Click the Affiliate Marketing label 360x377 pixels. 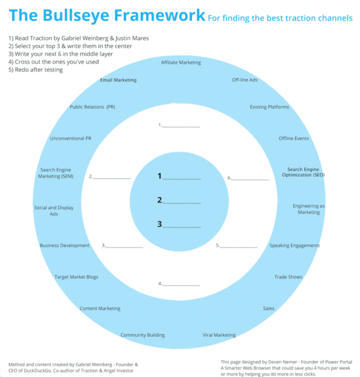tap(181, 63)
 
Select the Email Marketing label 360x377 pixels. tap(118, 80)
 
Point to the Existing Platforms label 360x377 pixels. tap(270, 107)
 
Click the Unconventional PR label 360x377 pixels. tap(70, 138)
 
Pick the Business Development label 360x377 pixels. tap(64, 246)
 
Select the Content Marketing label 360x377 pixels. tap(100, 309)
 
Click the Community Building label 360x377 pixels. tap(143, 335)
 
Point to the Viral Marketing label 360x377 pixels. tap(219, 335)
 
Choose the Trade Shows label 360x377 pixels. tap(288, 277)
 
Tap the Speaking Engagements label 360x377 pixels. tap(294, 246)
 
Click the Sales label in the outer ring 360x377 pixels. tap(268, 309)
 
